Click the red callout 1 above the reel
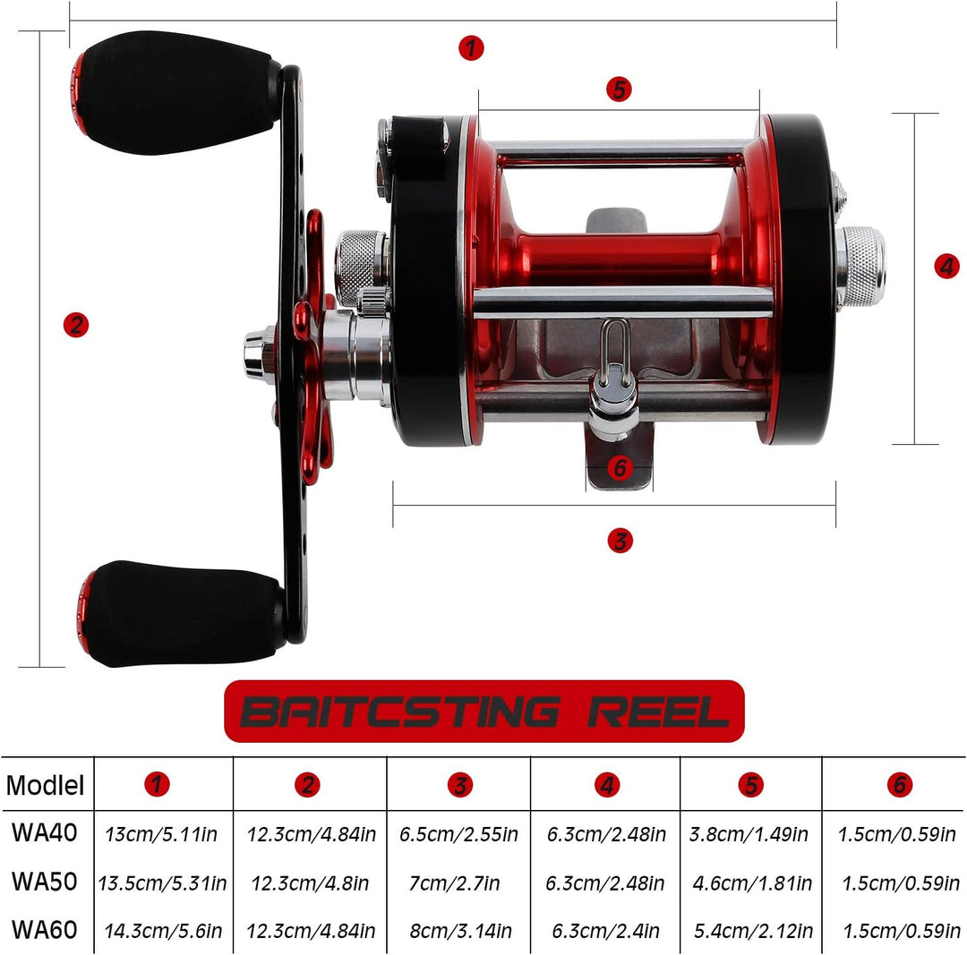[471, 47]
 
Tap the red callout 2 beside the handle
[76, 325]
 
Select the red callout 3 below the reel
[620, 541]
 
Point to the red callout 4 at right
[946, 267]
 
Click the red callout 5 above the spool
[619, 89]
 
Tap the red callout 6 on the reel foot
[620, 468]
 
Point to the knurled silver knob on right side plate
[861, 267]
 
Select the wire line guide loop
[615, 354]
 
